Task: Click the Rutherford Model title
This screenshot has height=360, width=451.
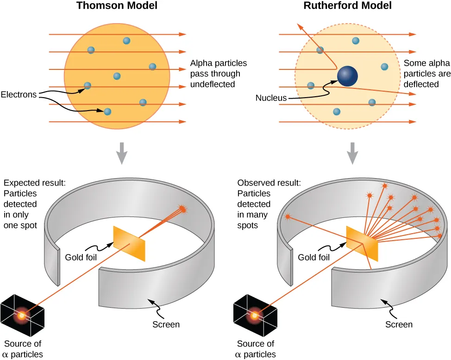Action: tap(347, 6)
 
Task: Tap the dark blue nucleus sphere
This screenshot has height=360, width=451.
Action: tap(347, 76)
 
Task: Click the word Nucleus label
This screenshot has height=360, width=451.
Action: tap(271, 98)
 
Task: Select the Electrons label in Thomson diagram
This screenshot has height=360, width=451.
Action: tap(19, 95)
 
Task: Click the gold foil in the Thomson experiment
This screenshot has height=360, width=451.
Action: tap(129, 243)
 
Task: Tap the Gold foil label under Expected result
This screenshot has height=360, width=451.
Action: tap(81, 257)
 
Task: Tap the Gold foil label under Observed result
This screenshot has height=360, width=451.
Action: tap(314, 257)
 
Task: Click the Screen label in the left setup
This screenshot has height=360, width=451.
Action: tap(166, 324)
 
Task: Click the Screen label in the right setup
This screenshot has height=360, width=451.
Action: tap(399, 324)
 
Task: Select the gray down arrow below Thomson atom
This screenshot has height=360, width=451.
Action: tap(121, 153)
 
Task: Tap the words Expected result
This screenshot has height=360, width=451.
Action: tap(34, 183)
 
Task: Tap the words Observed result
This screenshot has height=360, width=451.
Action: tap(269, 183)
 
